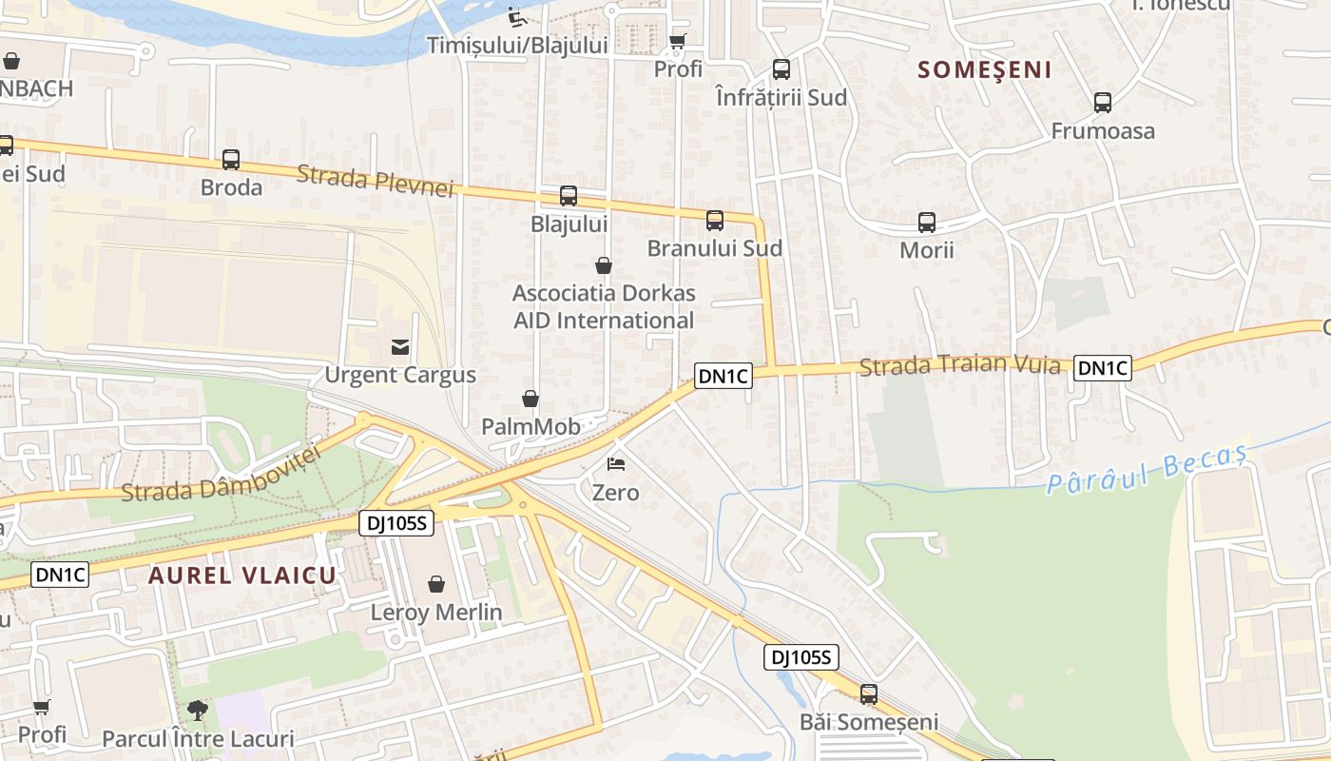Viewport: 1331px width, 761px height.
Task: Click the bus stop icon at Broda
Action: pos(231,160)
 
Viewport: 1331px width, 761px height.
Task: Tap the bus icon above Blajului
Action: pos(569,196)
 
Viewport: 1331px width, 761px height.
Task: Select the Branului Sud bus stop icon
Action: pos(715,221)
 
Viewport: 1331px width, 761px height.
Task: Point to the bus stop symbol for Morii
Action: pos(927,223)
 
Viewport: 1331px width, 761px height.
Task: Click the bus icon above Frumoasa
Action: pos(1103,103)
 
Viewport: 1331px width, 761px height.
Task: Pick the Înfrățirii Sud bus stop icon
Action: pos(781,69)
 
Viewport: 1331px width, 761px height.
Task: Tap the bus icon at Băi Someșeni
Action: pos(869,694)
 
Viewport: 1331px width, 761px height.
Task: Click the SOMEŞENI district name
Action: pos(985,69)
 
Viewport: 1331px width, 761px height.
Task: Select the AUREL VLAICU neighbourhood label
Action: pos(242,576)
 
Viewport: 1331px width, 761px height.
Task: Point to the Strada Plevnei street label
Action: pos(375,181)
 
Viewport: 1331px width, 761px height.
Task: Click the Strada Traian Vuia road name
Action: pos(959,365)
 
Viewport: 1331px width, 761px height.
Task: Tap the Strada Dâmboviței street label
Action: pos(222,475)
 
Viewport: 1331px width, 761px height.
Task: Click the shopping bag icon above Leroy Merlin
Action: pos(436,584)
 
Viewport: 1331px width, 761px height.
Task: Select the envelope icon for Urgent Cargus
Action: pos(400,347)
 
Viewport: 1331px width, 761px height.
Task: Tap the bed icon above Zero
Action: pos(616,464)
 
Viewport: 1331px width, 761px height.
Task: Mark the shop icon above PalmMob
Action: pos(530,399)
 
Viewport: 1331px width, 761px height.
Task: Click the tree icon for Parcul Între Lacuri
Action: pos(198,710)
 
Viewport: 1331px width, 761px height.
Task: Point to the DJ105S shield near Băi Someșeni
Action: pos(801,657)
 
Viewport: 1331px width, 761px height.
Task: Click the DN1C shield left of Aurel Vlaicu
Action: pos(61,575)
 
